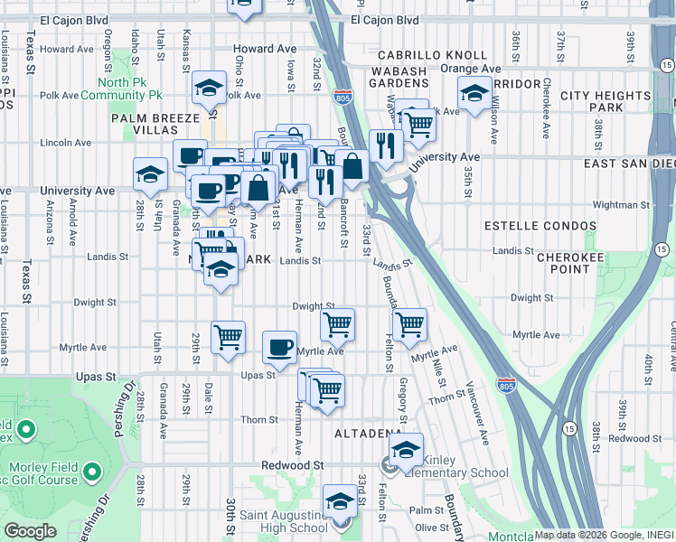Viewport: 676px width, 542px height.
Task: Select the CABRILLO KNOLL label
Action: [x=426, y=55]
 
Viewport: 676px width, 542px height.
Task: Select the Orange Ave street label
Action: [x=471, y=68]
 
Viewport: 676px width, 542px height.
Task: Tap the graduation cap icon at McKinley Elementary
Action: [x=406, y=448]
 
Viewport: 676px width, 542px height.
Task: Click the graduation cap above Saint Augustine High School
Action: [x=340, y=501]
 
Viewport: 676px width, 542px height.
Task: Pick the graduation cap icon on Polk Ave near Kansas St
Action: [x=209, y=88]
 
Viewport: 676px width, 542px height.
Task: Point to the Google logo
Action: [x=31, y=530]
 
